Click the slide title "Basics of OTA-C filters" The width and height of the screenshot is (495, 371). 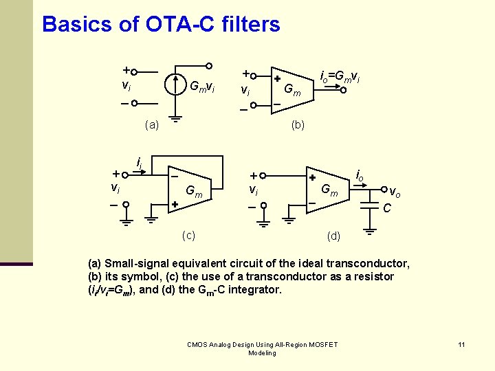tap(161, 25)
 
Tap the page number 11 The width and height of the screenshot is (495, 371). tap(461, 344)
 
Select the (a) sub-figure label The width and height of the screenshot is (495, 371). tap(152, 125)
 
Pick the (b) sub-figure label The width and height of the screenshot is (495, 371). tap(298, 125)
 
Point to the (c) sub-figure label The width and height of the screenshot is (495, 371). tap(188, 235)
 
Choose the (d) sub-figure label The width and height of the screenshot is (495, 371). tap(333, 236)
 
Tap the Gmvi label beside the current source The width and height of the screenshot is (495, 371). tap(202, 87)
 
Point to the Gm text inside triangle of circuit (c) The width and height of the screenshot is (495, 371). tap(194, 194)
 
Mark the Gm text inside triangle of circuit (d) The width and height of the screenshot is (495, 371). tap(331, 190)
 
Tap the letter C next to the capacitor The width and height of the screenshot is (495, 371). tap(387, 207)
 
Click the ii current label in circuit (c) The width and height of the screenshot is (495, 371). tap(140, 163)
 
